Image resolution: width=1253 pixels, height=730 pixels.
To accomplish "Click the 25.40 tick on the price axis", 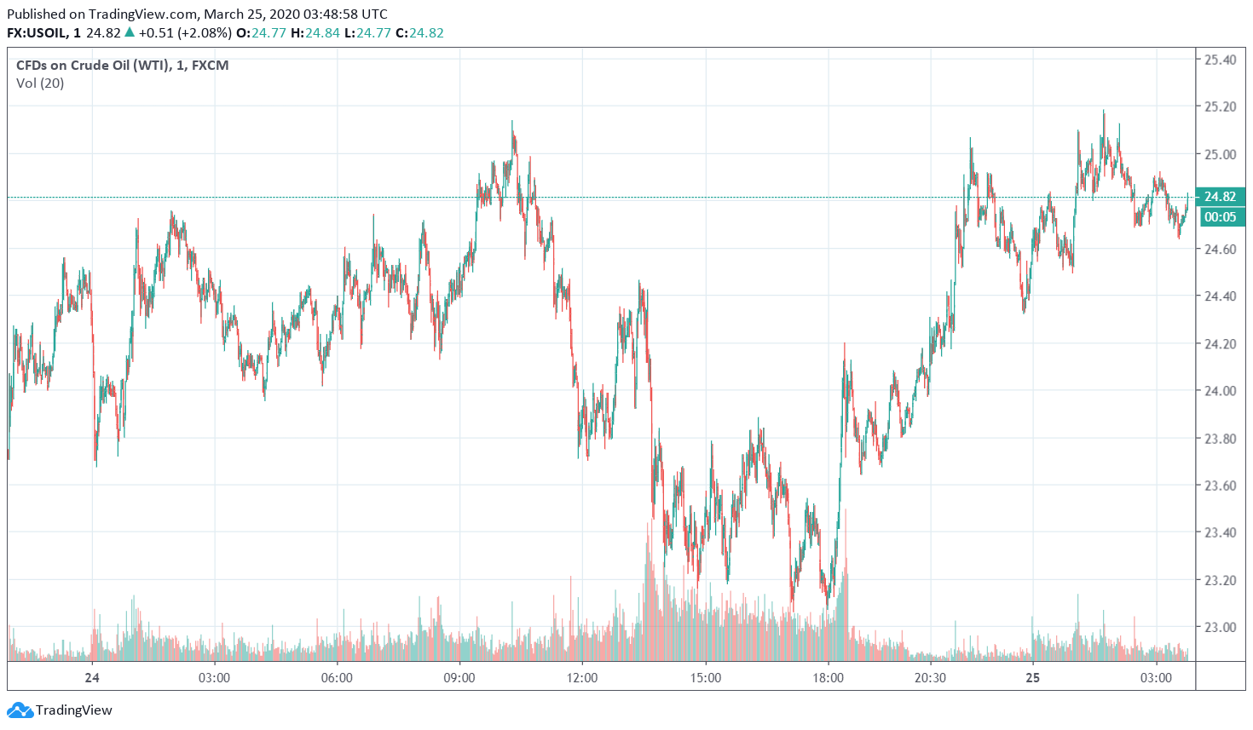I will pyautogui.click(x=1220, y=60).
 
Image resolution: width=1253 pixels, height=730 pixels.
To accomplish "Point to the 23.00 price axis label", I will pyautogui.click(x=1220, y=627).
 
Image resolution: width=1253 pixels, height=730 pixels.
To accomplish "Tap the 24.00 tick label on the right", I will pyautogui.click(x=1220, y=391).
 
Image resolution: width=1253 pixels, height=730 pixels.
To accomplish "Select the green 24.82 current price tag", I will pyautogui.click(x=1220, y=197).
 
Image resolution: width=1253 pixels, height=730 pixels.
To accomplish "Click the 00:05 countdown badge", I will pyautogui.click(x=1220, y=217).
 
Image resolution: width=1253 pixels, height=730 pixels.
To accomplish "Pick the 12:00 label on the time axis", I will pyautogui.click(x=582, y=678).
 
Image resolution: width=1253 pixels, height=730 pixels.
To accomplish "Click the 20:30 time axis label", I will pyautogui.click(x=930, y=678).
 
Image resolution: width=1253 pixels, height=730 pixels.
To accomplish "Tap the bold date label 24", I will pyautogui.click(x=92, y=678).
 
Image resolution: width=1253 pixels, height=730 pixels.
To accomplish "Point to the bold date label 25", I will pyautogui.click(x=1033, y=678).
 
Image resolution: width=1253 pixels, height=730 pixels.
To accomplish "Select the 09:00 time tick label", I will pyautogui.click(x=459, y=678).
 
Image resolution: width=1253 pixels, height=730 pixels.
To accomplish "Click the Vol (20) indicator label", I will pyautogui.click(x=40, y=83).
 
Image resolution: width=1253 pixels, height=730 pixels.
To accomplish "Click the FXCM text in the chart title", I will pyautogui.click(x=210, y=66).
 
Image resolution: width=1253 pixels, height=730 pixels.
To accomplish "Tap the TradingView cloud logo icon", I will pyautogui.click(x=20, y=710).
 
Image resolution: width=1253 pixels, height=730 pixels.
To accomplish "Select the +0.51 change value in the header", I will pyautogui.click(x=156, y=33).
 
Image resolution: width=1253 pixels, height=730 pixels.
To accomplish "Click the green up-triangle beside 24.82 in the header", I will pyautogui.click(x=130, y=32).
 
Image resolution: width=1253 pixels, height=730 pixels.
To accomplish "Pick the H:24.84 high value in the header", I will pyautogui.click(x=315, y=33).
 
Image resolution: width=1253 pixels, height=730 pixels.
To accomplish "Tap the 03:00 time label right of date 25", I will pyautogui.click(x=1156, y=678).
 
